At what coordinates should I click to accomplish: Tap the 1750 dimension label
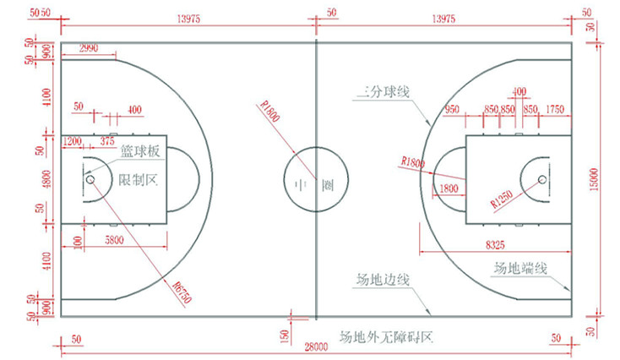click(555, 109)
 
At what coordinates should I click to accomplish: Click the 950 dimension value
click(451, 109)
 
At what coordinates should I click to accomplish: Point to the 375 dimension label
click(107, 139)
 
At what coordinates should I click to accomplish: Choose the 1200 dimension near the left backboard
click(72, 139)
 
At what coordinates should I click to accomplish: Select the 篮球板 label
click(139, 152)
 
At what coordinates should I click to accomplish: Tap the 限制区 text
click(139, 179)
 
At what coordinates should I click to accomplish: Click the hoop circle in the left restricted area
click(88, 179)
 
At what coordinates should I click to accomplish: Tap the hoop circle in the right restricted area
click(541, 179)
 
